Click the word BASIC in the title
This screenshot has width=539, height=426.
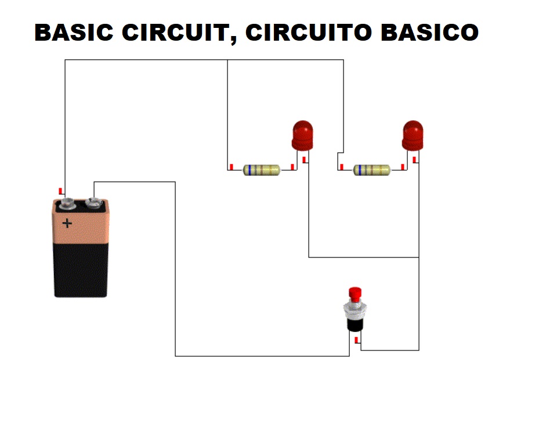coord(74,33)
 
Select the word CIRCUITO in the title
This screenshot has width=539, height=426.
coord(309,33)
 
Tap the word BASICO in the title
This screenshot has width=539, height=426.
coord(430,33)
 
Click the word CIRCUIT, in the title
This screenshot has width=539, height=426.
coord(179,34)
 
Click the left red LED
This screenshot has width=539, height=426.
coord(302,135)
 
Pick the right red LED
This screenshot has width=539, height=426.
coord(413,135)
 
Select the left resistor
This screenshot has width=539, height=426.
coord(262,170)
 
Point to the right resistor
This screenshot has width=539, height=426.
coord(372,170)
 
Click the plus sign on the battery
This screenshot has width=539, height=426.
coord(67,224)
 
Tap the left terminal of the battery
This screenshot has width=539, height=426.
coord(67,204)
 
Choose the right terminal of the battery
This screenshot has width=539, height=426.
coord(93,203)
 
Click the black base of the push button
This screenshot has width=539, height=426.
coord(354,325)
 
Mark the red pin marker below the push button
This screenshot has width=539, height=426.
coord(356,340)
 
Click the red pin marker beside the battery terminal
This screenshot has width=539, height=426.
coord(60,191)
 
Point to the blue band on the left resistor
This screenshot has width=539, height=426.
coord(249,170)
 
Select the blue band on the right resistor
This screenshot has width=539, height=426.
coord(360,170)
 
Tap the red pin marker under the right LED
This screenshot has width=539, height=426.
coord(415,159)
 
